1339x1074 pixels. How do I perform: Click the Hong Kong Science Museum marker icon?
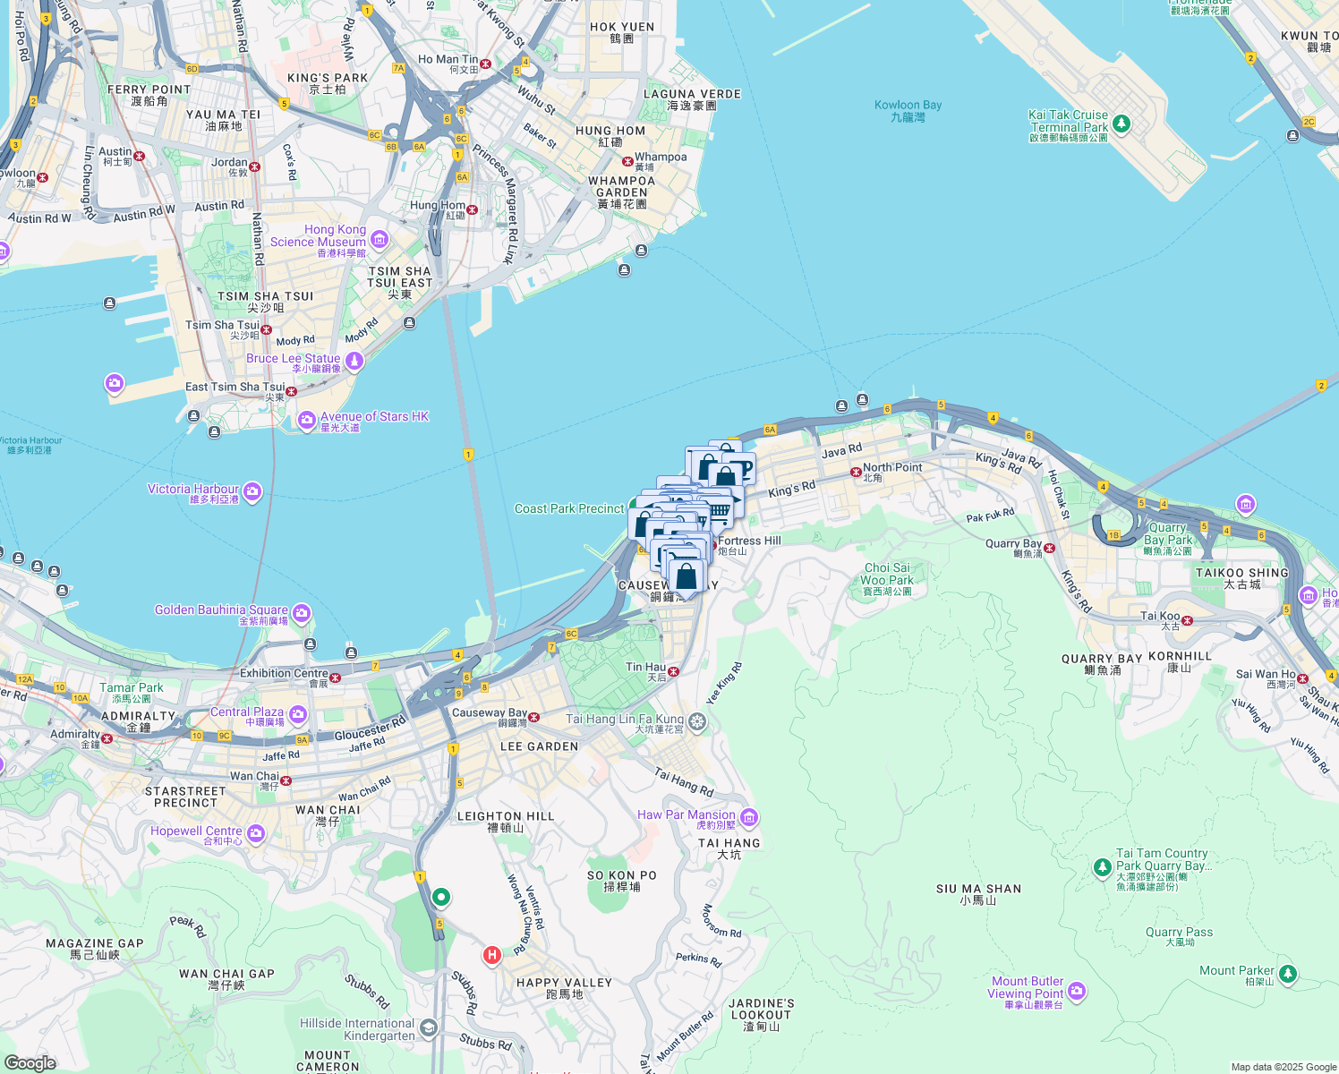click(380, 239)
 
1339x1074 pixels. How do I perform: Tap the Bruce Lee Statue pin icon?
click(354, 361)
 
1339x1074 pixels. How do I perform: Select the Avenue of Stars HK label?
click(374, 417)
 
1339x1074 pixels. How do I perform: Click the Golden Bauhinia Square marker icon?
click(302, 613)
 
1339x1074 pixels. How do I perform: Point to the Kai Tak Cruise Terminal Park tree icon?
click(1122, 124)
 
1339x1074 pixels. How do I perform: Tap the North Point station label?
click(891, 468)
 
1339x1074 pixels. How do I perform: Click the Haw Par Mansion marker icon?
click(749, 817)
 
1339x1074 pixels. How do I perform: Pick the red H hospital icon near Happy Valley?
click(491, 955)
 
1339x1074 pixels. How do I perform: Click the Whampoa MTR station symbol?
click(627, 161)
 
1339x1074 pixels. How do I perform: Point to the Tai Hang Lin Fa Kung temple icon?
click(697, 721)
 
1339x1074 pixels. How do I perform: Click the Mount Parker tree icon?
click(1287, 973)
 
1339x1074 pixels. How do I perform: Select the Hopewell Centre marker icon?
click(256, 833)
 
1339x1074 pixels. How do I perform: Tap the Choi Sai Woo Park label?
click(887, 579)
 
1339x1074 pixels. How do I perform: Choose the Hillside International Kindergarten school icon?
click(429, 1027)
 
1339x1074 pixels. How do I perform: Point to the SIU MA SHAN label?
click(978, 894)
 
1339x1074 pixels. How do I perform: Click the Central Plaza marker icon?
click(297, 715)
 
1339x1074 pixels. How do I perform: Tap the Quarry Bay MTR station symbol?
click(1049, 548)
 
